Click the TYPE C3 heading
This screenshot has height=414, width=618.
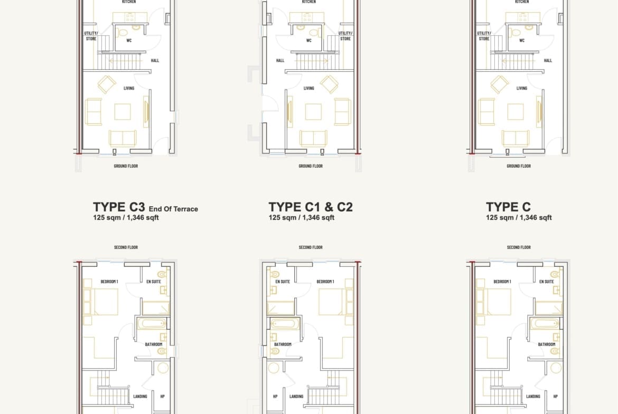[119, 207]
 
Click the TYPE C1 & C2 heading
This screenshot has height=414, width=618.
[311, 207]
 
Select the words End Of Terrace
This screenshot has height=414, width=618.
[173, 209]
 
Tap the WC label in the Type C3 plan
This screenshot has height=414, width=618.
[129, 41]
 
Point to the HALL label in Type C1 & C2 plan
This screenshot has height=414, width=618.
[280, 61]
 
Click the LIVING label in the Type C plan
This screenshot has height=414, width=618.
[522, 88]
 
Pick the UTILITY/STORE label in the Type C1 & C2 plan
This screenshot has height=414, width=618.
[345, 36]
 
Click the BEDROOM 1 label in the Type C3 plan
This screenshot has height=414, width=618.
[109, 282]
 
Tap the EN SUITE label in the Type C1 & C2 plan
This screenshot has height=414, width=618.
[283, 282]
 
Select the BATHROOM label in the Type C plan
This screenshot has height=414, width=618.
[547, 344]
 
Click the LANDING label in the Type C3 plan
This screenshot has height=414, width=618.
[140, 396]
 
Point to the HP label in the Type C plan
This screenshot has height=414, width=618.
[555, 396]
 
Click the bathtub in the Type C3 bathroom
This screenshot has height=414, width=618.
[152, 323]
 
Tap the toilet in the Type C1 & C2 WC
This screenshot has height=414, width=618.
[314, 33]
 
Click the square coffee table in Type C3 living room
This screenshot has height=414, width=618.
[123, 111]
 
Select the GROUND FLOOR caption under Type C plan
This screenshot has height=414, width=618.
[519, 166]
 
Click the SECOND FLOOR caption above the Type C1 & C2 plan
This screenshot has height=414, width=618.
[311, 247]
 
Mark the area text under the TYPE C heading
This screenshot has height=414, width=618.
[519, 218]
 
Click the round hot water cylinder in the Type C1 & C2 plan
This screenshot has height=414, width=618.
[274, 368]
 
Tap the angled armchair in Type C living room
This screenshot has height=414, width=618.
[499, 84]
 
